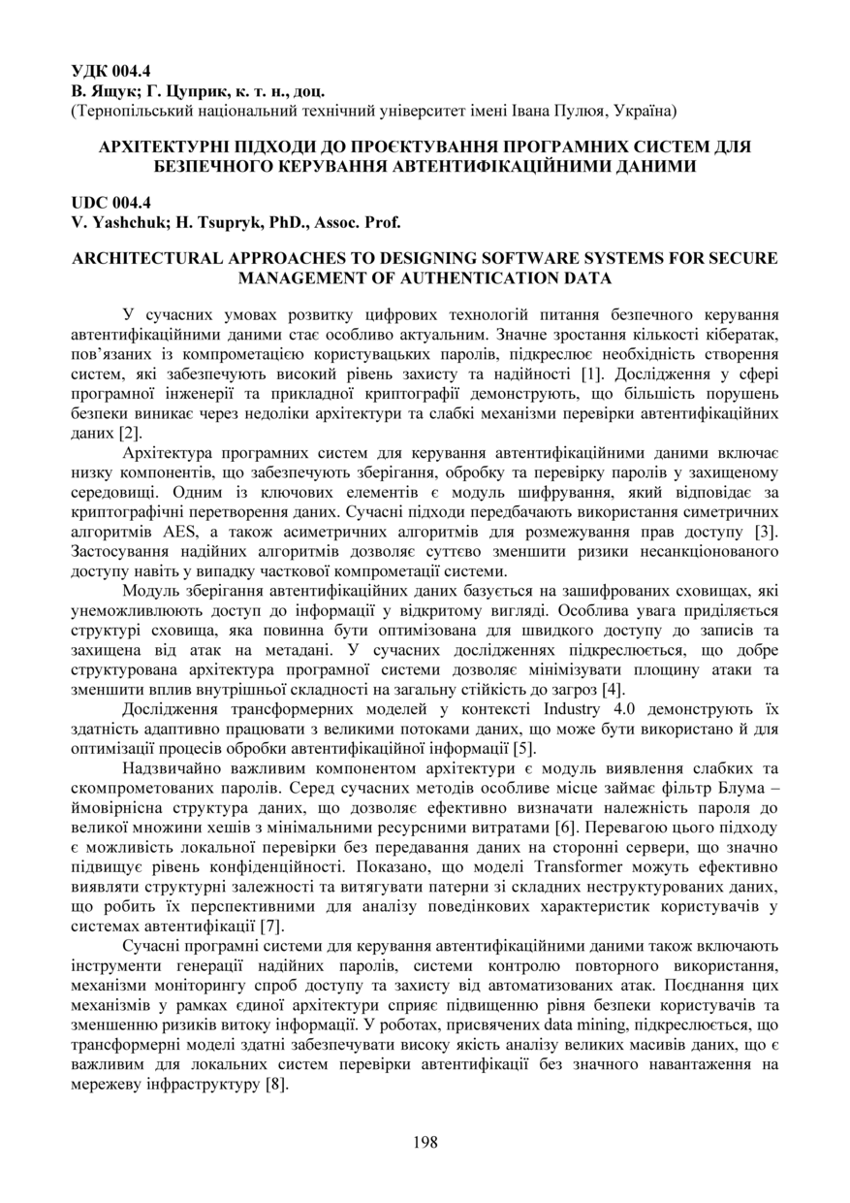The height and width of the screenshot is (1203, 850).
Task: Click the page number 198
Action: click(x=425, y=1142)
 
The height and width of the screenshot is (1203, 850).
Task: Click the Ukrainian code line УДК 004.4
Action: click(x=111, y=71)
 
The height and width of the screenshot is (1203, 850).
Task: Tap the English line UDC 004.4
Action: click(x=111, y=204)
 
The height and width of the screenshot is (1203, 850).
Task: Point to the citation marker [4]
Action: click(x=612, y=690)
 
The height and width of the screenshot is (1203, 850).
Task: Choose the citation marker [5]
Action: click(x=522, y=748)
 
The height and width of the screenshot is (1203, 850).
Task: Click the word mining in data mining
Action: click(x=561, y=1024)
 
